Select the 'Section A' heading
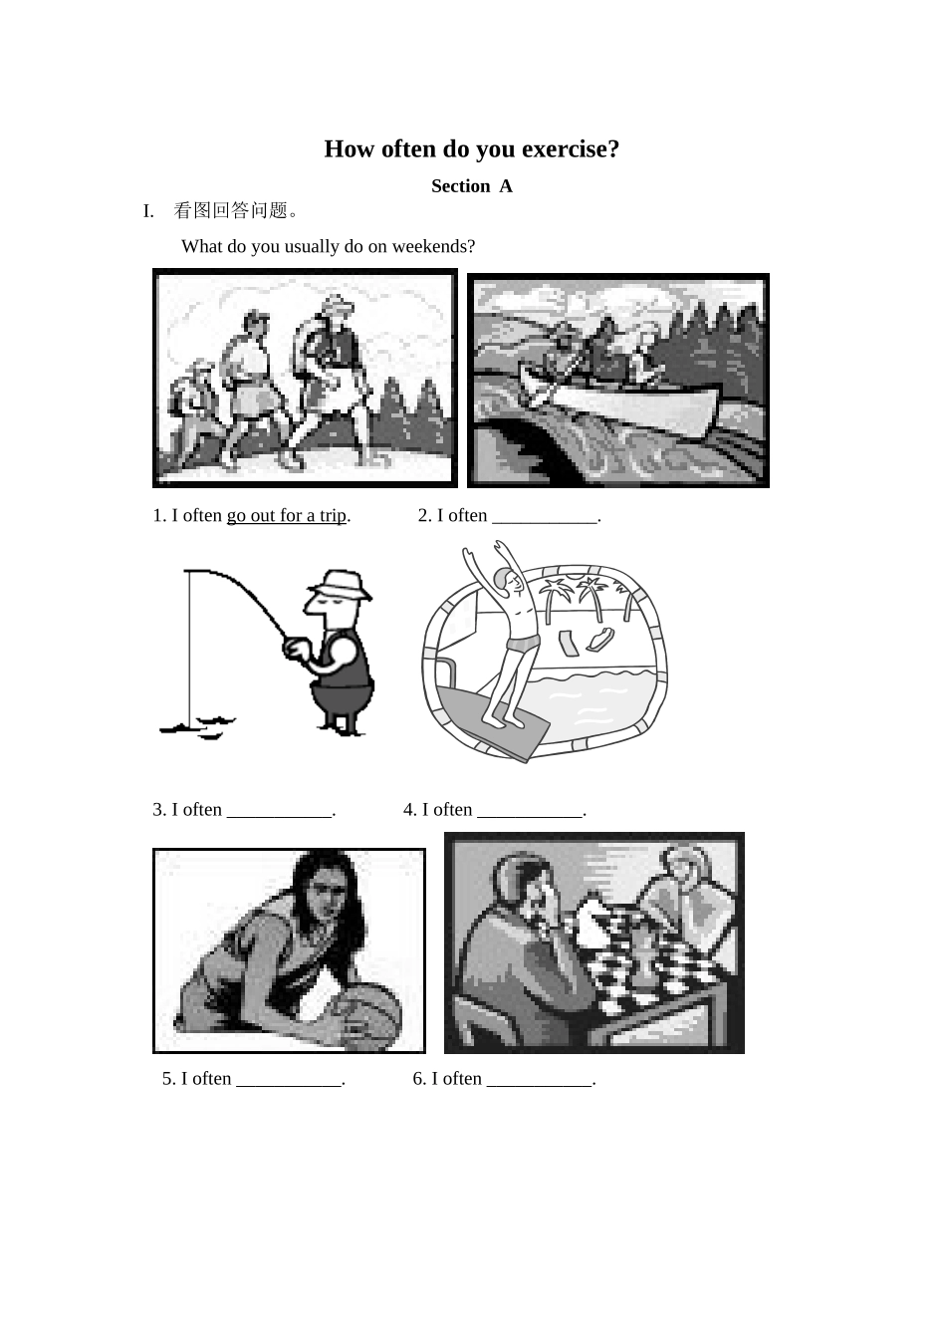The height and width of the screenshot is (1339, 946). coord(471,186)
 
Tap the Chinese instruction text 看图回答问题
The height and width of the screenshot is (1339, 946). coord(236,211)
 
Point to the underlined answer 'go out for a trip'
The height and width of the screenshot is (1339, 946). coord(286,516)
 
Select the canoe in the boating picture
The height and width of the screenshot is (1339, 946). coord(637,407)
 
